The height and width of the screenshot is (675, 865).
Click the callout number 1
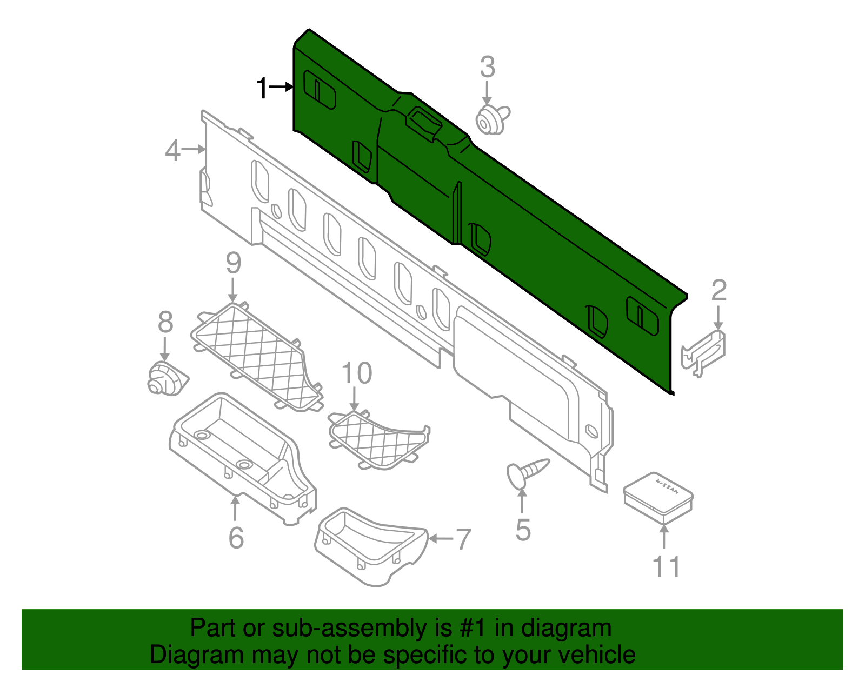(x=262, y=88)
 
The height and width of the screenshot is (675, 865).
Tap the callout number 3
(x=487, y=68)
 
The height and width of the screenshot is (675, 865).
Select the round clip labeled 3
(x=491, y=120)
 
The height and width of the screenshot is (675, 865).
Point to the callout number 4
(x=172, y=150)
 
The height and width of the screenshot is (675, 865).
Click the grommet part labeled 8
(x=164, y=378)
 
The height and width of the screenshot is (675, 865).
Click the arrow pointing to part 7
(x=440, y=538)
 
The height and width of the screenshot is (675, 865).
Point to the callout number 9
(x=233, y=263)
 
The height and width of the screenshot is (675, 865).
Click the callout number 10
(x=357, y=373)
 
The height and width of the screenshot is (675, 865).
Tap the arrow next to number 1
(x=281, y=86)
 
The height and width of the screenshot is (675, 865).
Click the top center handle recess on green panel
(x=425, y=122)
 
